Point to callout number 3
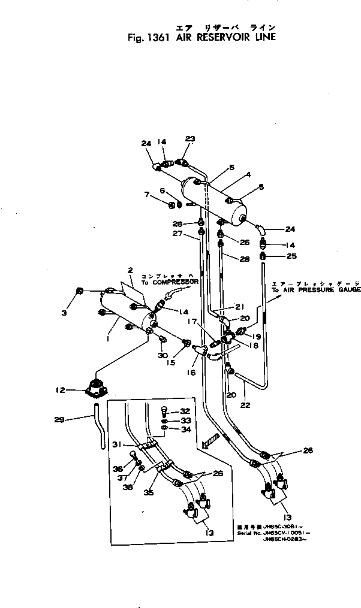tap(65, 313)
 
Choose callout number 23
tap(191, 139)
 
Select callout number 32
tap(185, 411)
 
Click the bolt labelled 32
tap(166, 412)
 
